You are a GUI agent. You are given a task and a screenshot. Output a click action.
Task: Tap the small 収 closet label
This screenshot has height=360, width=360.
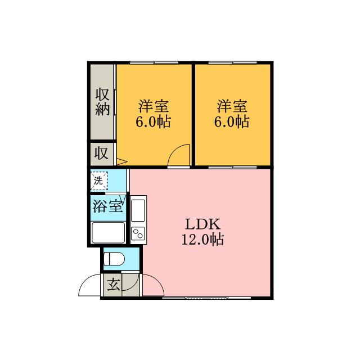(x=101, y=152)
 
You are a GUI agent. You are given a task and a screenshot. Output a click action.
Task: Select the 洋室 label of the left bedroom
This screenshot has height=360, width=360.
(x=154, y=106)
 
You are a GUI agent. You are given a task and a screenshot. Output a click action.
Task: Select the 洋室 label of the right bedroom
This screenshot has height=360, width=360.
(x=232, y=106)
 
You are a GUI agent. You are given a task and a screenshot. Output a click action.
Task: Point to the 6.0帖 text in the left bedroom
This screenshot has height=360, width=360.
(x=154, y=121)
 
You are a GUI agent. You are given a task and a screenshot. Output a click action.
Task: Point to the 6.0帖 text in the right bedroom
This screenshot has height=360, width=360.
(x=232, y=121)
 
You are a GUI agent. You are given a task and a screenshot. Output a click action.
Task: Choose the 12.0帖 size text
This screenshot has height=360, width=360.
(x=202, y=240)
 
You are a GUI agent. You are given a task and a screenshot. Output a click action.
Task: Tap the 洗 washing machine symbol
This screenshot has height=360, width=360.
(x=99, y=181)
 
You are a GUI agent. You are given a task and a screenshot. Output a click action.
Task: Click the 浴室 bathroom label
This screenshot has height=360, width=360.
(x=107, y=206)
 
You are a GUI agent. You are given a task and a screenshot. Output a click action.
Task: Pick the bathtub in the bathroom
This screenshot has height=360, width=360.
(x=107, y=231)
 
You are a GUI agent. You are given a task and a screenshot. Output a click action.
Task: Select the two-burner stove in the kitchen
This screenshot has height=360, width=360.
(x=138, y=233)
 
